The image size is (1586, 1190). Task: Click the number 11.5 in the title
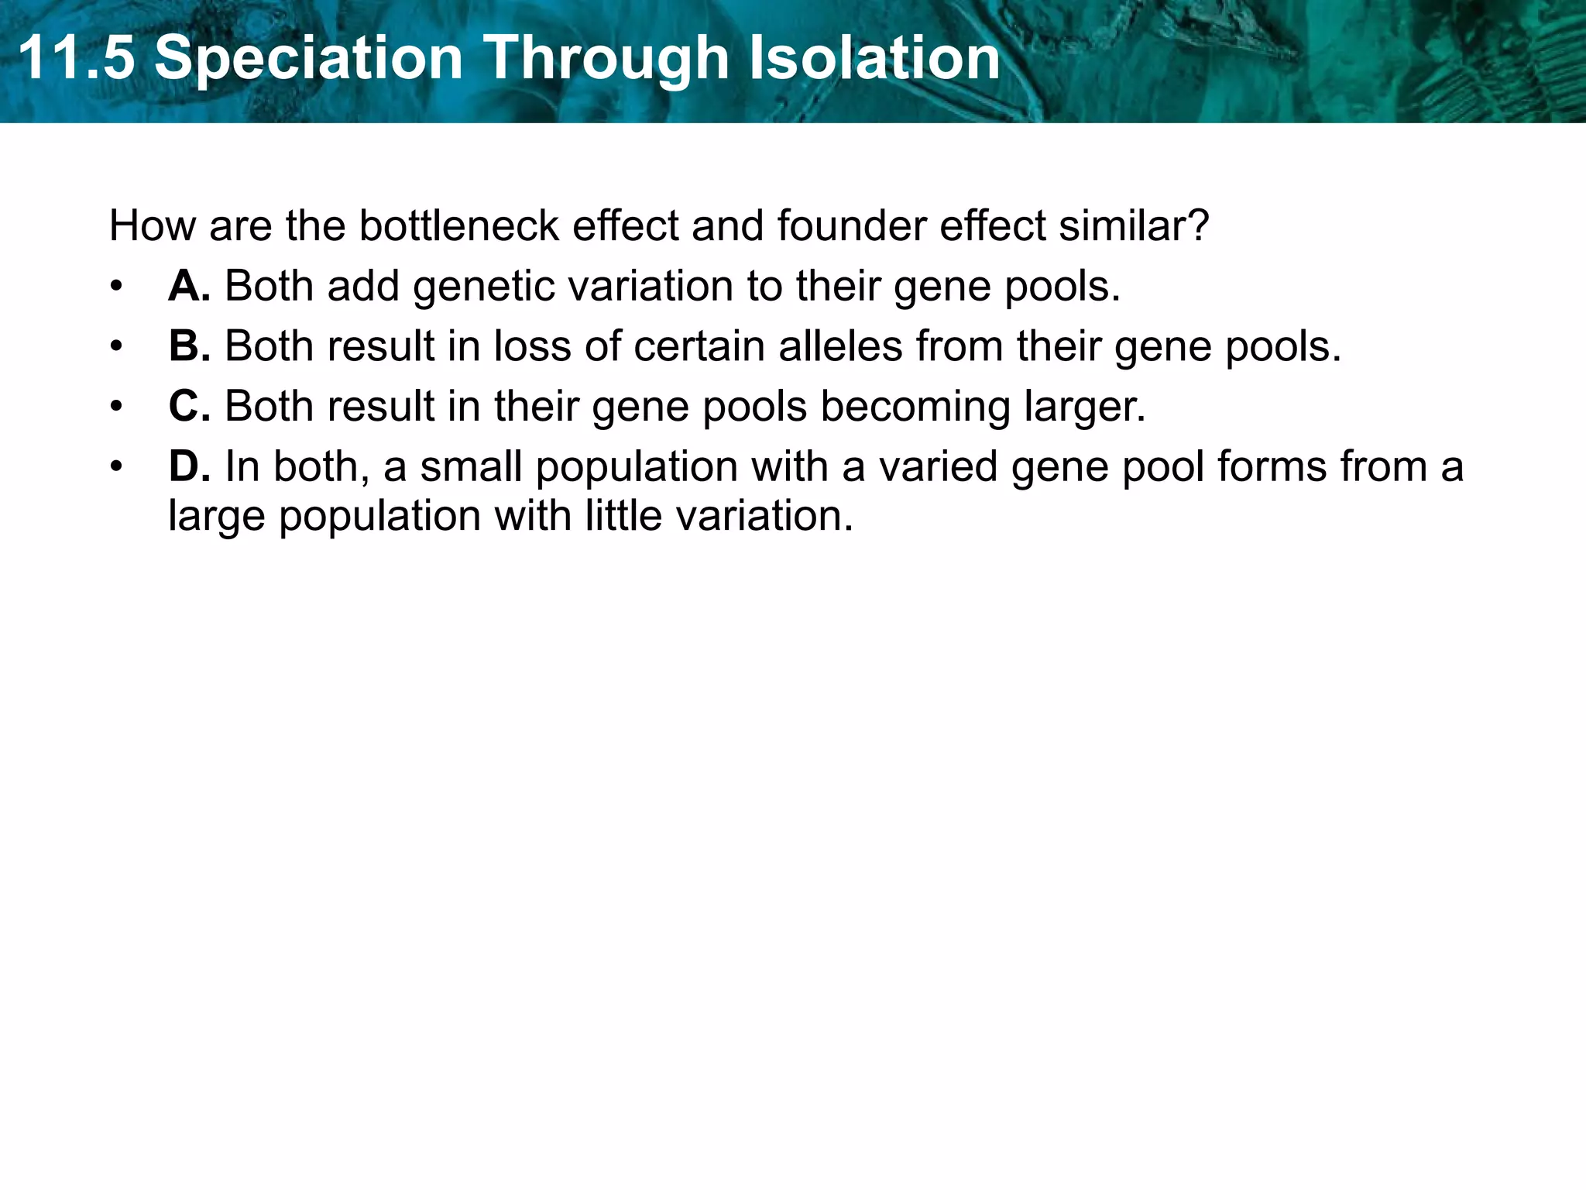(x=75, y=58)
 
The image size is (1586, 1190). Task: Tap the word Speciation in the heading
(x=308, y=58)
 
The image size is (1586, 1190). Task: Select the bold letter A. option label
(x=189, y=286)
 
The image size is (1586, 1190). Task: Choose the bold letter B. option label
(x=189, y=346)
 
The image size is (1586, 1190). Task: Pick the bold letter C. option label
(x=189, y=406)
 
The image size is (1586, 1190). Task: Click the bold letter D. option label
(x=189, y=466)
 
